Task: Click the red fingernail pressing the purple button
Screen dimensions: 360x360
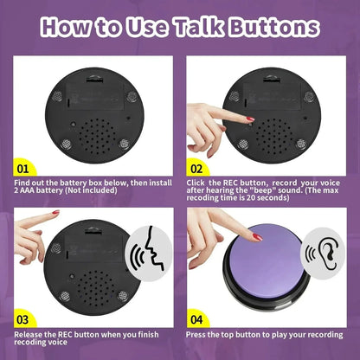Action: (256, 236)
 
